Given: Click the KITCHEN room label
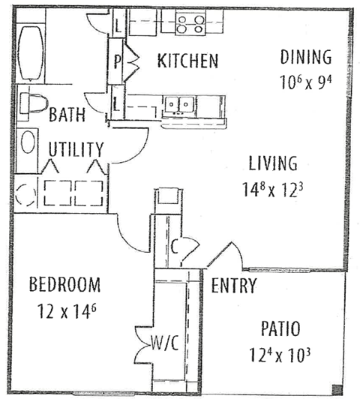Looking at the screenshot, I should pyautogui.click(x=187, y=61).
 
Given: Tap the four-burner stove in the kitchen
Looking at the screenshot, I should pyautogui.click(x=190, y=24).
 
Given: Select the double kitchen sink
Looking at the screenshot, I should pyautogui.click(x=180, y=104).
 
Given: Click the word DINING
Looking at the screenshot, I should pyautogui.click(x=305, y=56).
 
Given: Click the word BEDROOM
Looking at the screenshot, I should pyautogui.click(x=64, y=285).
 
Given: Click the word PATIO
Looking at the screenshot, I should pyautogui.click(x=281, y=328).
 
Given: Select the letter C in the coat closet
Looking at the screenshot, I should pyautogui.click(x=173, y=244).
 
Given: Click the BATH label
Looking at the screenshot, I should pyautogui.click(x=67, y=116).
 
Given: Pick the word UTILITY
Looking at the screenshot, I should pyautogui.click(x=76, y=148).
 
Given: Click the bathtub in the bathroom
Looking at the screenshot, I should pyautogui.click(x=31, y=53).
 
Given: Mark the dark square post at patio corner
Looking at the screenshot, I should pyautogui.click(x=337, y=389).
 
